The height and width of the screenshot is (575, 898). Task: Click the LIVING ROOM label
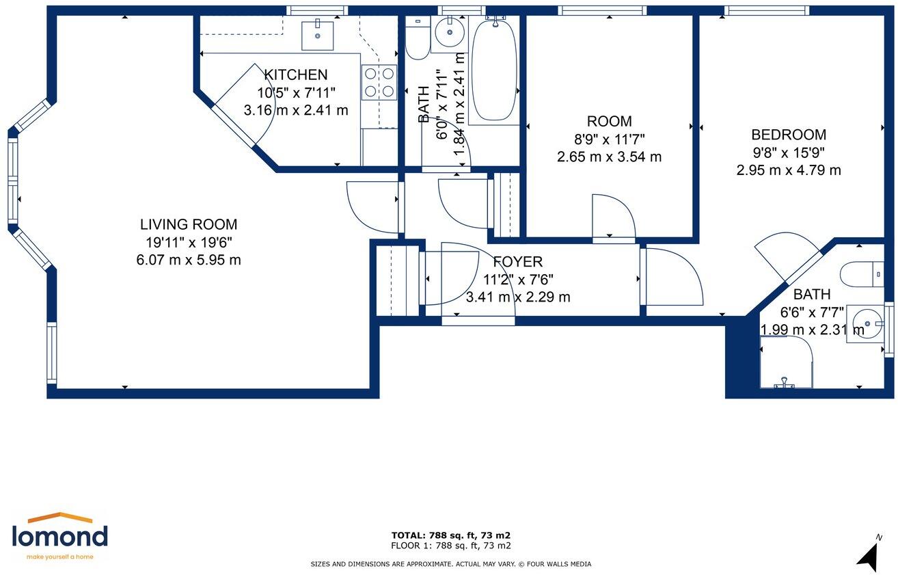(x=189, y=224)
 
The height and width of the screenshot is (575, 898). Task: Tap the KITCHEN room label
(x=296, y=75)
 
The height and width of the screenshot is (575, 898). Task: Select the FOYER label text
(x=517, y=262)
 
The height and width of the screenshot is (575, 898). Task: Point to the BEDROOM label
(x=789, y=135)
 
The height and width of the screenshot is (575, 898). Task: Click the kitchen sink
(x=318, y=36)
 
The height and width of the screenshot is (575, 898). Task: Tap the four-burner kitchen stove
(x=379, y=83)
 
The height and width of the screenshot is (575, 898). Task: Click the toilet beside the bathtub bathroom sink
(x=418, y=38)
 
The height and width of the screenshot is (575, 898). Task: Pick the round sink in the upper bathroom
(x=450, y=32)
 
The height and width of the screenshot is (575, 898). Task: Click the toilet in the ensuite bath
(x=862, y=274)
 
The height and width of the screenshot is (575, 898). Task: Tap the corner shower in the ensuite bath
(x=786, y=362)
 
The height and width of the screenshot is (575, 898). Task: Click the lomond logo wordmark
(x=59, y=536)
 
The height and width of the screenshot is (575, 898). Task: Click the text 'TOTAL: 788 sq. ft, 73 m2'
(x=450, y=535)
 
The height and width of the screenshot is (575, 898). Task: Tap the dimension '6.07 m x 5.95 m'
(x=189, y=260)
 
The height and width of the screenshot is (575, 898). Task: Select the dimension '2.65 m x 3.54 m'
(x=609, y=157)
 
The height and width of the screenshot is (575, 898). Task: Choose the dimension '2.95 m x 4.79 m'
(x=789, y=170)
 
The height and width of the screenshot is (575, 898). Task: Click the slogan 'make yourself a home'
(x=59, y=557)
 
